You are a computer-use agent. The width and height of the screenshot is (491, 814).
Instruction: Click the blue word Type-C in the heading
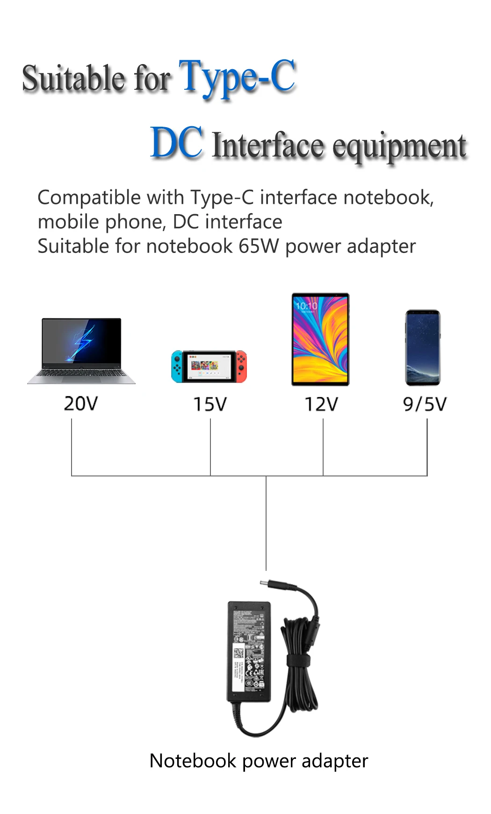238,77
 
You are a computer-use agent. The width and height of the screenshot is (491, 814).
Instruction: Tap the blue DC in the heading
177,143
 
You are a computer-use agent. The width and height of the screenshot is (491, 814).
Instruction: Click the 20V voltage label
81,403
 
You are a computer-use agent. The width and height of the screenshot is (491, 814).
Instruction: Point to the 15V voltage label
210,404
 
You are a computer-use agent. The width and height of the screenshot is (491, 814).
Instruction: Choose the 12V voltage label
321,404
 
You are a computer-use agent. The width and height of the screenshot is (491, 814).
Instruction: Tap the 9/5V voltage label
425,404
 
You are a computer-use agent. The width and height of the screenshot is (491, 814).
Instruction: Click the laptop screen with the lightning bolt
82,340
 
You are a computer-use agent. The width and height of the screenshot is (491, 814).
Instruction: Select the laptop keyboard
82,374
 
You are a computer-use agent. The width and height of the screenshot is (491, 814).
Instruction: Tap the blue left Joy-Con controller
177,366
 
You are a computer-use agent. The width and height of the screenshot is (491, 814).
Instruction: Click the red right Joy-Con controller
241,366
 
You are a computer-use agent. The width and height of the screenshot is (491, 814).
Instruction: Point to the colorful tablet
320,339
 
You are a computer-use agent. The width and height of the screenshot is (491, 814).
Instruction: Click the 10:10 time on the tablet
306,306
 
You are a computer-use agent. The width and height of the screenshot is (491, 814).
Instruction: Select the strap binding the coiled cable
299,661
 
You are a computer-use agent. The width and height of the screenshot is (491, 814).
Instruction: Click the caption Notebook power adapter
259,761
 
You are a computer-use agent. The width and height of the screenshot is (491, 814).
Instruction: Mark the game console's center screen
209,365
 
